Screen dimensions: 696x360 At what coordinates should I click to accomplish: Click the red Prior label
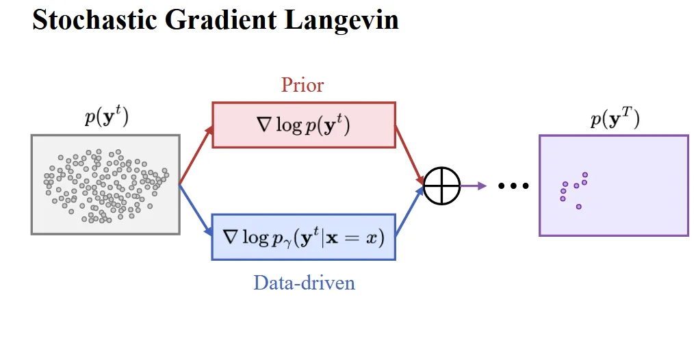click(302, 85)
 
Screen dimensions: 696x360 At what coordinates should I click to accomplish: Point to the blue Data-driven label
click(304, 282)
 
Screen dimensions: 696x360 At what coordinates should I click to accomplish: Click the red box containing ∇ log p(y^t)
click(303, 125)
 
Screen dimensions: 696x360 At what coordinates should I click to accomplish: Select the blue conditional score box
click(303, 237)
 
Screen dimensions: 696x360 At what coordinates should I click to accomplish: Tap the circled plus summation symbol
click(441, 185)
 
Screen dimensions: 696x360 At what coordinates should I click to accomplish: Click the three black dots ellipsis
click(513, 185)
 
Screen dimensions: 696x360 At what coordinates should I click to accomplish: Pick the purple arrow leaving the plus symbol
click(474, 185)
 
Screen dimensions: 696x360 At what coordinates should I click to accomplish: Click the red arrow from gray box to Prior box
click(196, 155)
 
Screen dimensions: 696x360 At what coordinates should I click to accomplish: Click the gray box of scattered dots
click(105, 184)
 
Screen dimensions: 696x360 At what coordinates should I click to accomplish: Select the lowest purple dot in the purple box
click(579, 206)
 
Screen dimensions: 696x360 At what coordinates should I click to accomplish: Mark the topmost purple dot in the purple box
click(585, 175)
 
